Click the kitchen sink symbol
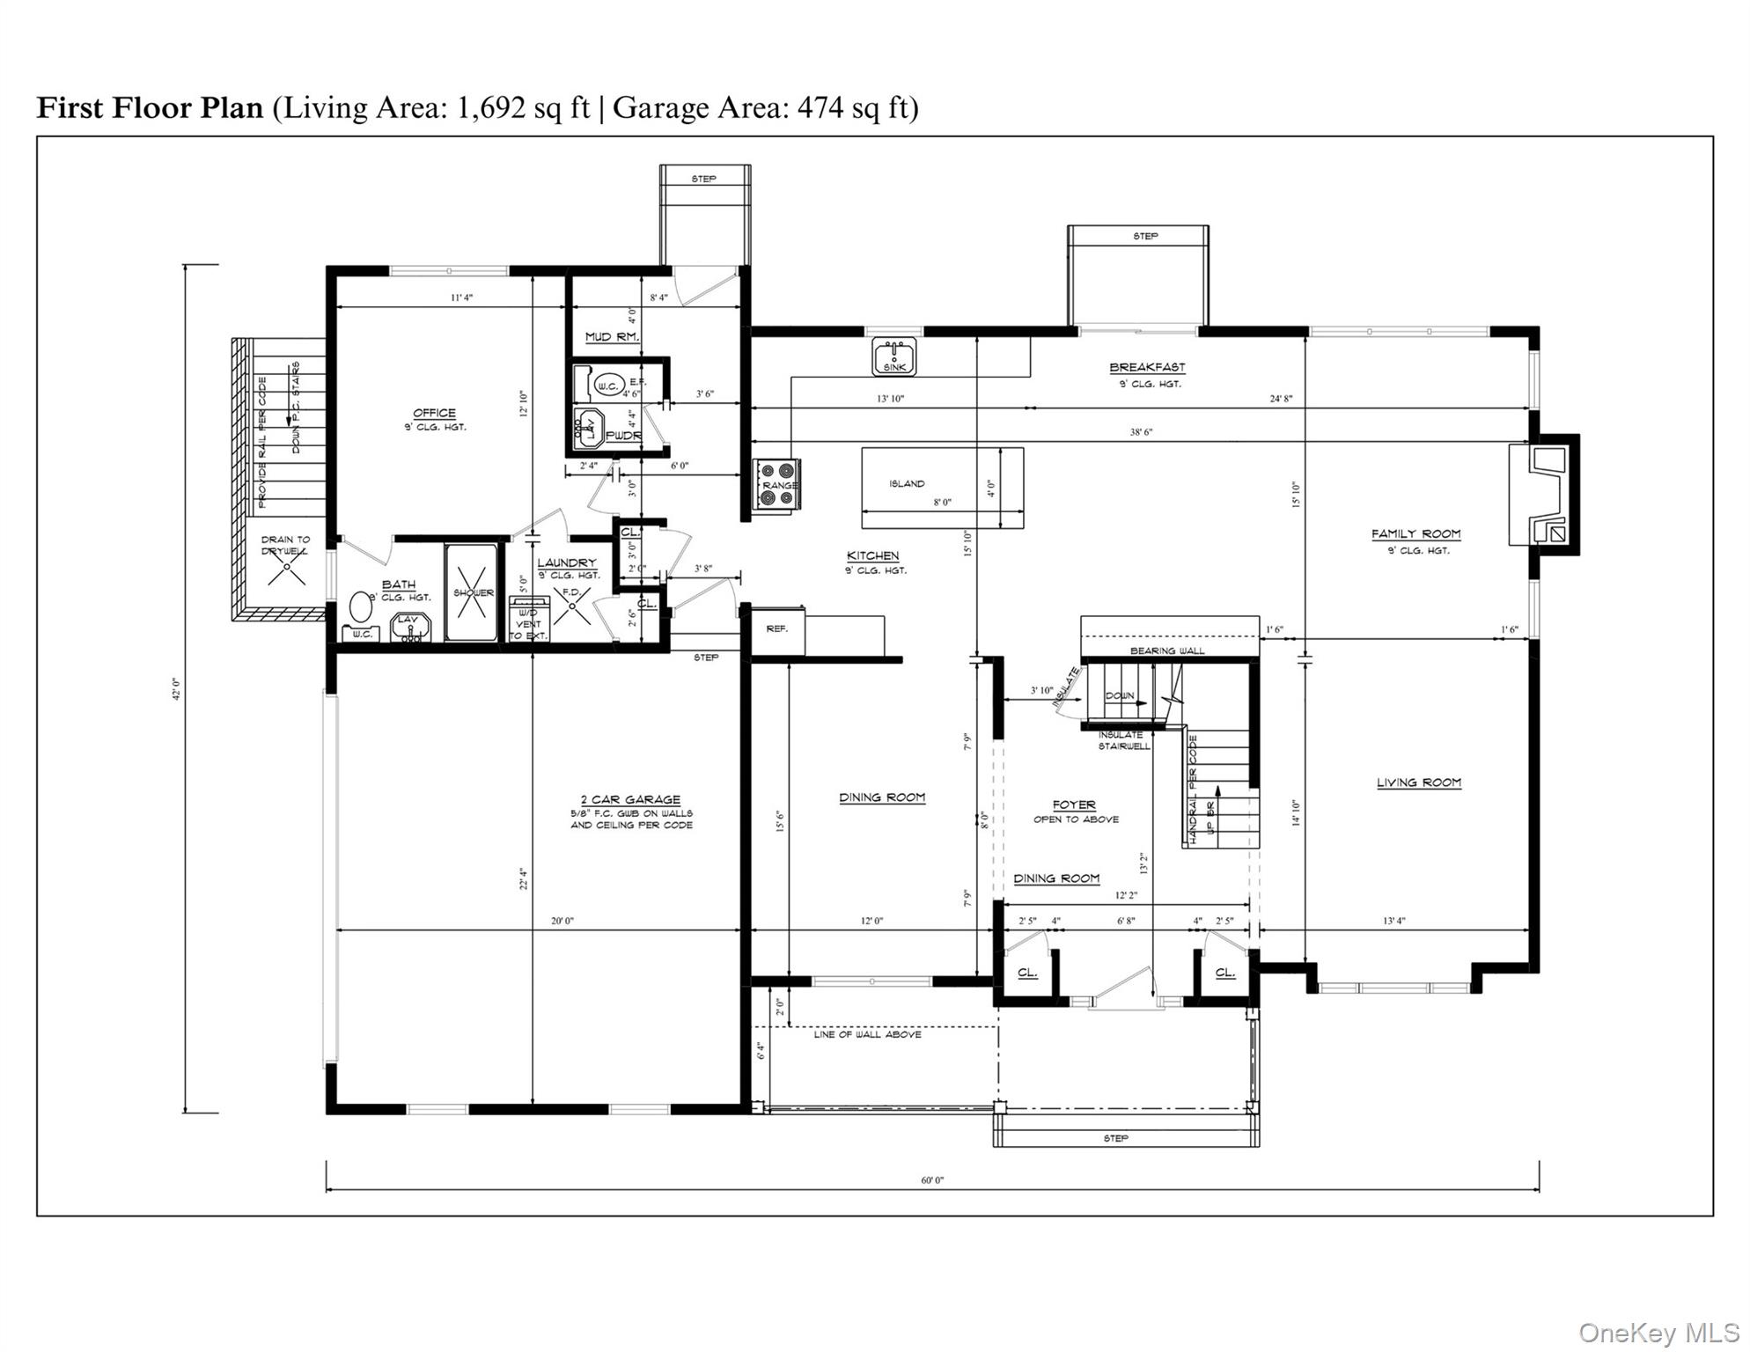(x=893, y=356)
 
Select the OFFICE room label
(x=435, y=413)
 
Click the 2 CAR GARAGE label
(x=630, y=799)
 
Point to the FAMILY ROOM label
(x=1415, y=533)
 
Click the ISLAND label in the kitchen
(x=907, y=483)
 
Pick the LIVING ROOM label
(x=1418, y=783)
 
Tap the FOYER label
(x=1074, y=805)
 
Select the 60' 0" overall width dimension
(x=932, y=1179)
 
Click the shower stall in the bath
(x=474, y=592)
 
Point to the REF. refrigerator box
(x=776, y=629)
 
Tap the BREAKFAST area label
(x=1146, y=368)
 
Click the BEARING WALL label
(x=1167, y=650)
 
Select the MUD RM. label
(x=612, y=337)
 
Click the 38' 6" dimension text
(x=1141, y=432)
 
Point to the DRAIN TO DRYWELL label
(x=285, y=545)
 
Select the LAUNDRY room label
(x=566, y=562)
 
